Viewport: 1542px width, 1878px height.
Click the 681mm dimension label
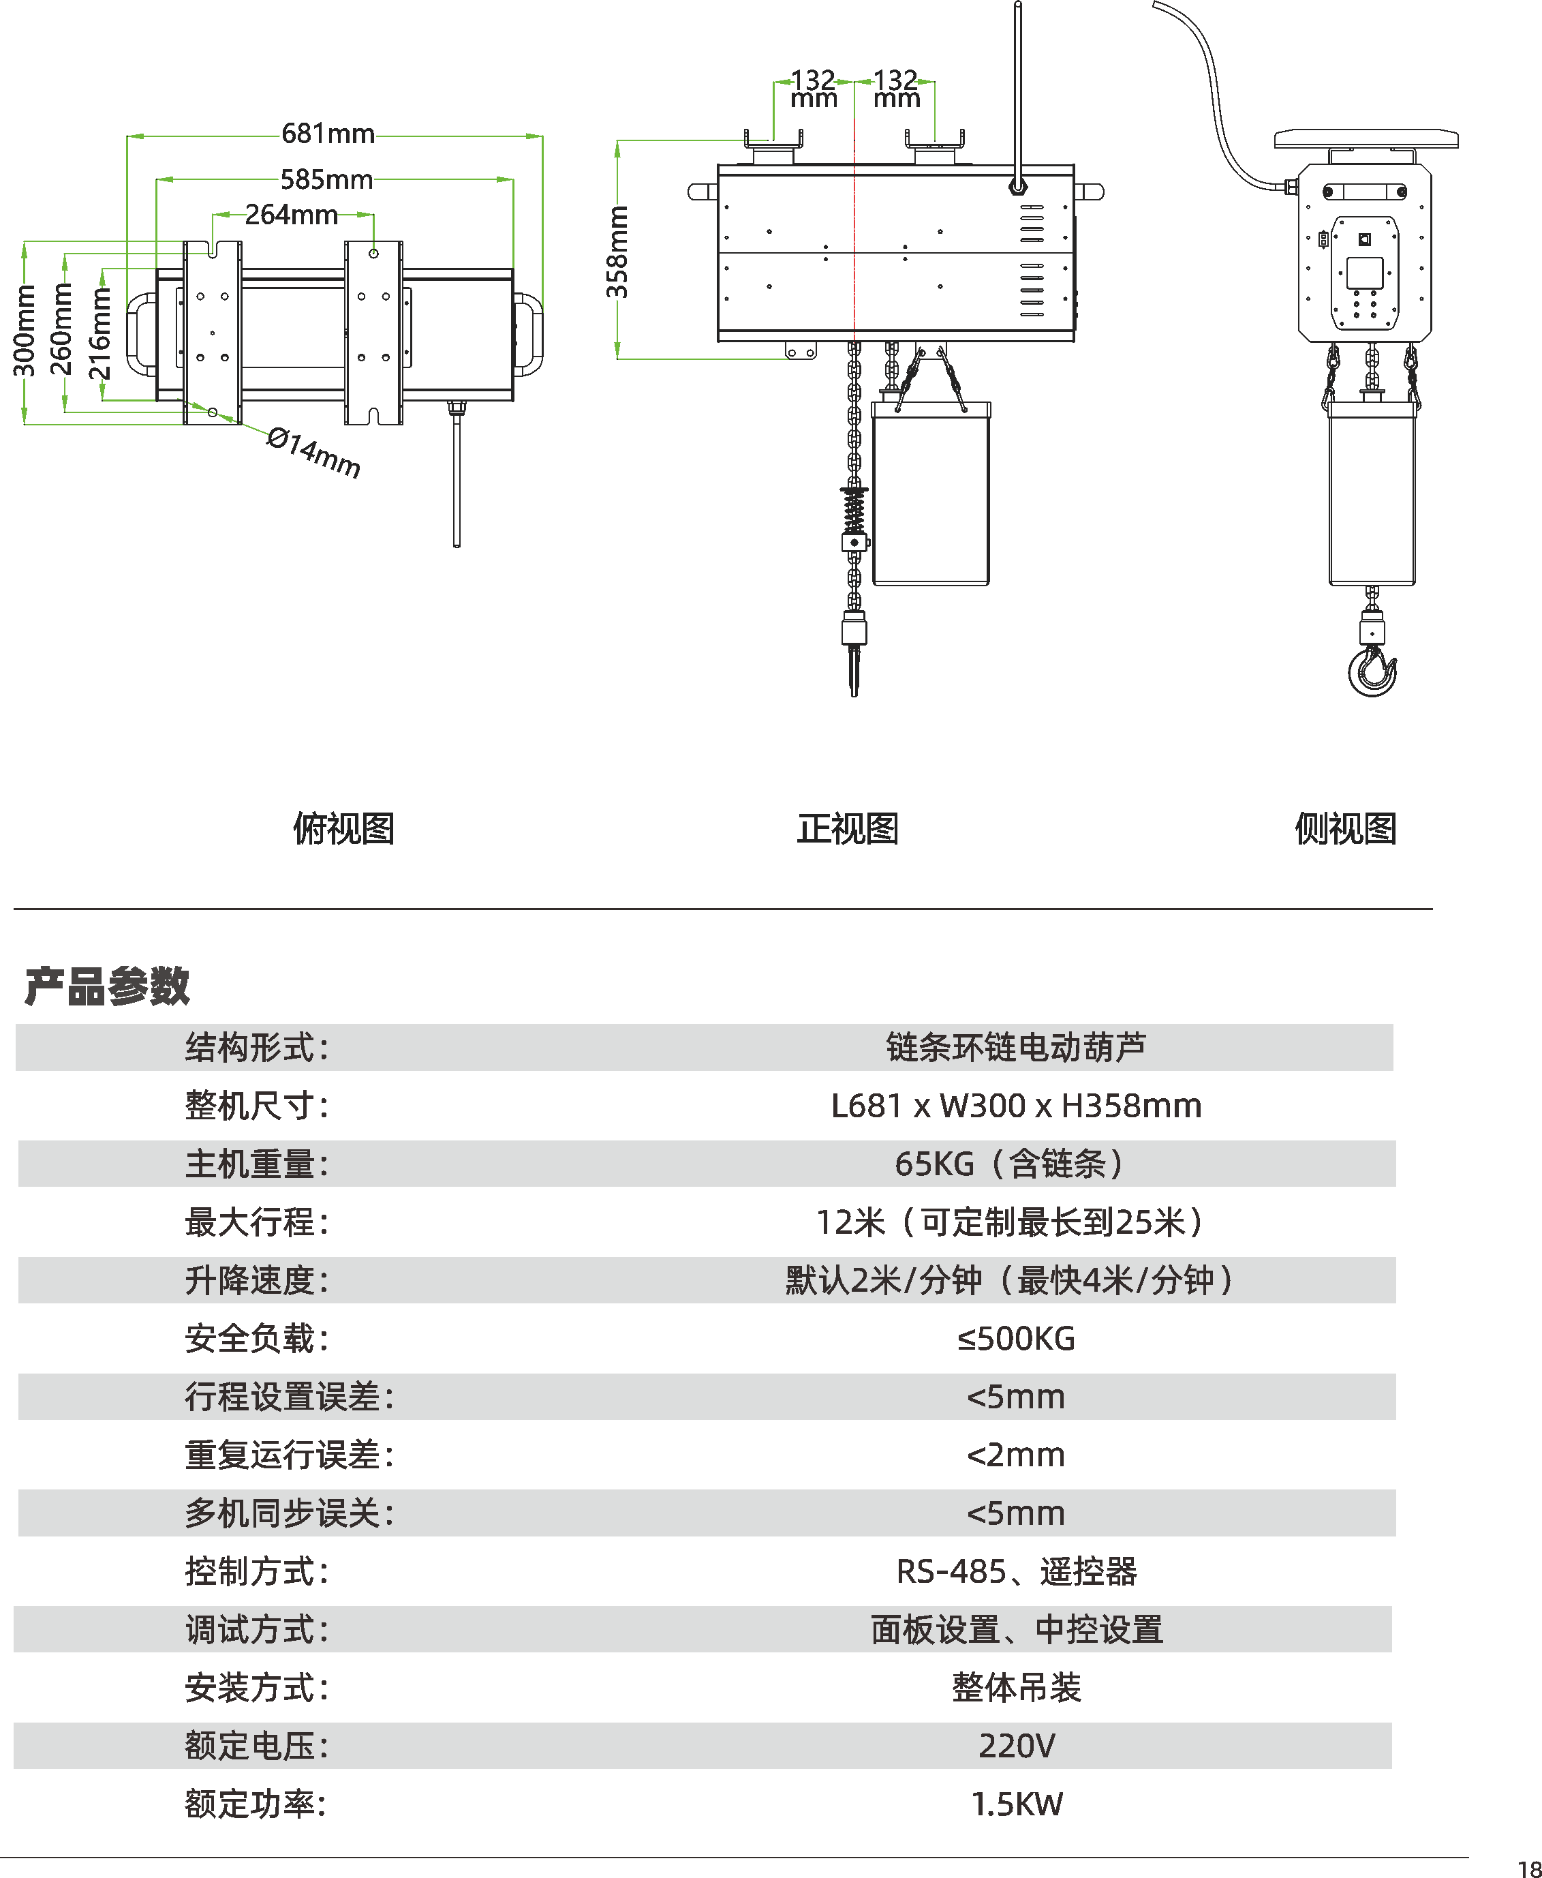(x=328, y=134)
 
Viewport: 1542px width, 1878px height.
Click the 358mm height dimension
(x=617, y=252)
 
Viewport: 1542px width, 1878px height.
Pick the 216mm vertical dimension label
(x=100, y=333)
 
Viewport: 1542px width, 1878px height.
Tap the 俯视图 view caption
(x=343, y=829)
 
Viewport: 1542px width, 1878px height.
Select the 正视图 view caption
(x=848, y=829)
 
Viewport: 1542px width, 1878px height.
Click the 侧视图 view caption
(x=1345, y=829)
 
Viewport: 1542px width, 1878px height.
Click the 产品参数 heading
(x=106, y=986)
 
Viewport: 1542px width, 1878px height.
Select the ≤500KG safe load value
(x=1015, y=1339)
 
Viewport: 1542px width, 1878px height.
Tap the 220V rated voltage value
(x=1016, y=1746)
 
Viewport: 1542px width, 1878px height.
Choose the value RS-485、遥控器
(x=1016, y=1571)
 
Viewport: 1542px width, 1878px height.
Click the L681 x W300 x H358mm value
(x=1016, y=1106)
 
